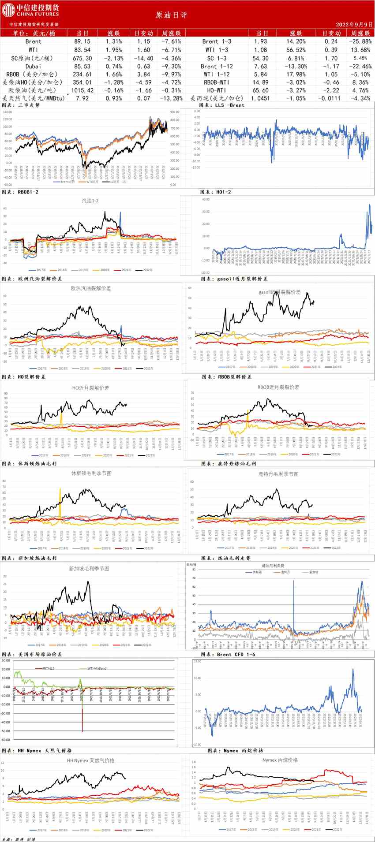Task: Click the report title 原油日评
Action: [172, 15]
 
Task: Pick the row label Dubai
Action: [34, 66]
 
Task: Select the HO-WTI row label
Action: [216, 90]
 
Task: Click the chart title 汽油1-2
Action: [90, 201]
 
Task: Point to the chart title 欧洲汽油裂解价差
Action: [91, 288]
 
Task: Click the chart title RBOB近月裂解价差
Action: [278, 387]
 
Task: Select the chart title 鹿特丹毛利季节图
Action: [278, 474]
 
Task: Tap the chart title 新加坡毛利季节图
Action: [89, 569]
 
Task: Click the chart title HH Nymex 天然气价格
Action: [90, 760]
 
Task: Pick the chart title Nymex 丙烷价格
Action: [280, 760]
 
